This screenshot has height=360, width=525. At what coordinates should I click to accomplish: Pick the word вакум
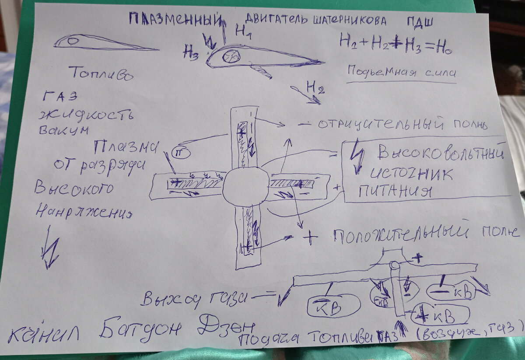tap(63, 130)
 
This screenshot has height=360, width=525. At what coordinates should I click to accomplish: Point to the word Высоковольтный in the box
tap(440, 154)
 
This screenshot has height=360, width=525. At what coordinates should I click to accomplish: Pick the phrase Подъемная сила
tap(400, 72)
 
